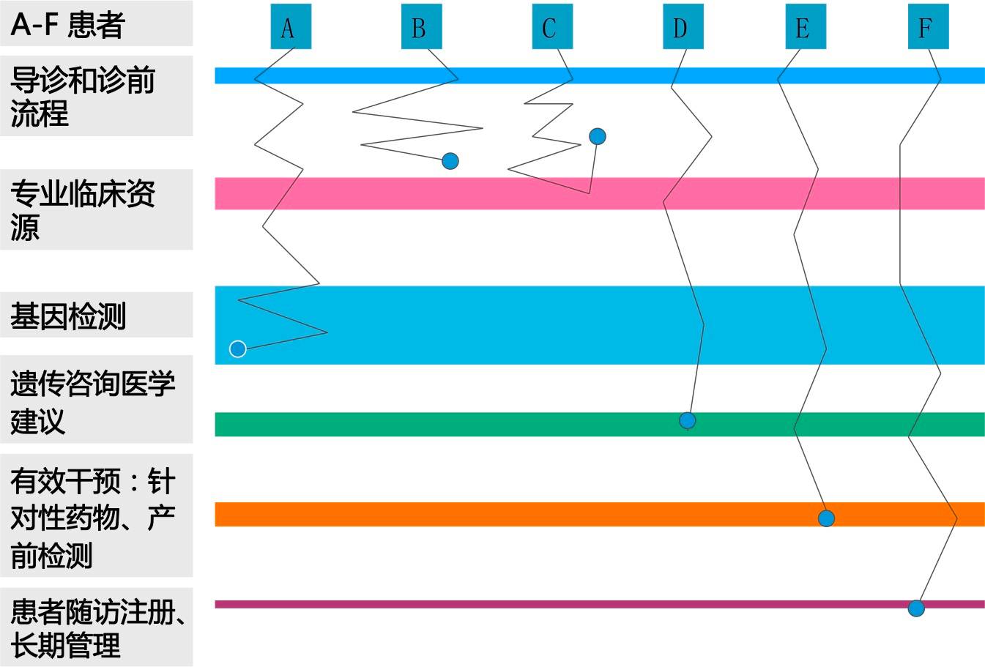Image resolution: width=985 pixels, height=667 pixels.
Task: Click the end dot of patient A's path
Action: click(238, 349)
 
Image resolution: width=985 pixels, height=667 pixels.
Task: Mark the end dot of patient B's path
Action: click(450, 161)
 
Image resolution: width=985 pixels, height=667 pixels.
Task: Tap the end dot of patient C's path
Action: click(598, 137)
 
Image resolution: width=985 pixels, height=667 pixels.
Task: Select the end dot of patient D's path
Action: click(687, 420)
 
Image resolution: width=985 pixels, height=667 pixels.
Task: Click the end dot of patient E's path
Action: click(826, 518)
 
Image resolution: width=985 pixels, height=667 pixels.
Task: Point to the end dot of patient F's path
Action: click(915, 608)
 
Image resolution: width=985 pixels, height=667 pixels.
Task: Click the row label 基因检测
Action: click(68, 316)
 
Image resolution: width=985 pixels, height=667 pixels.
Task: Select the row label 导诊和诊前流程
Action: click(82, 96)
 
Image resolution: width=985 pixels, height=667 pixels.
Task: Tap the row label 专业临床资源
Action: click(82, 210)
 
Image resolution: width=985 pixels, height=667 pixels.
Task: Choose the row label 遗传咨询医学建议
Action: click(92, 401)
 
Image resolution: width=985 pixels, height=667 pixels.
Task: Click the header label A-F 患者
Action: click(67, 24)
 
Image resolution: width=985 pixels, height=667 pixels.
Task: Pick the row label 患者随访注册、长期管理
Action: click(95, 628)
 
